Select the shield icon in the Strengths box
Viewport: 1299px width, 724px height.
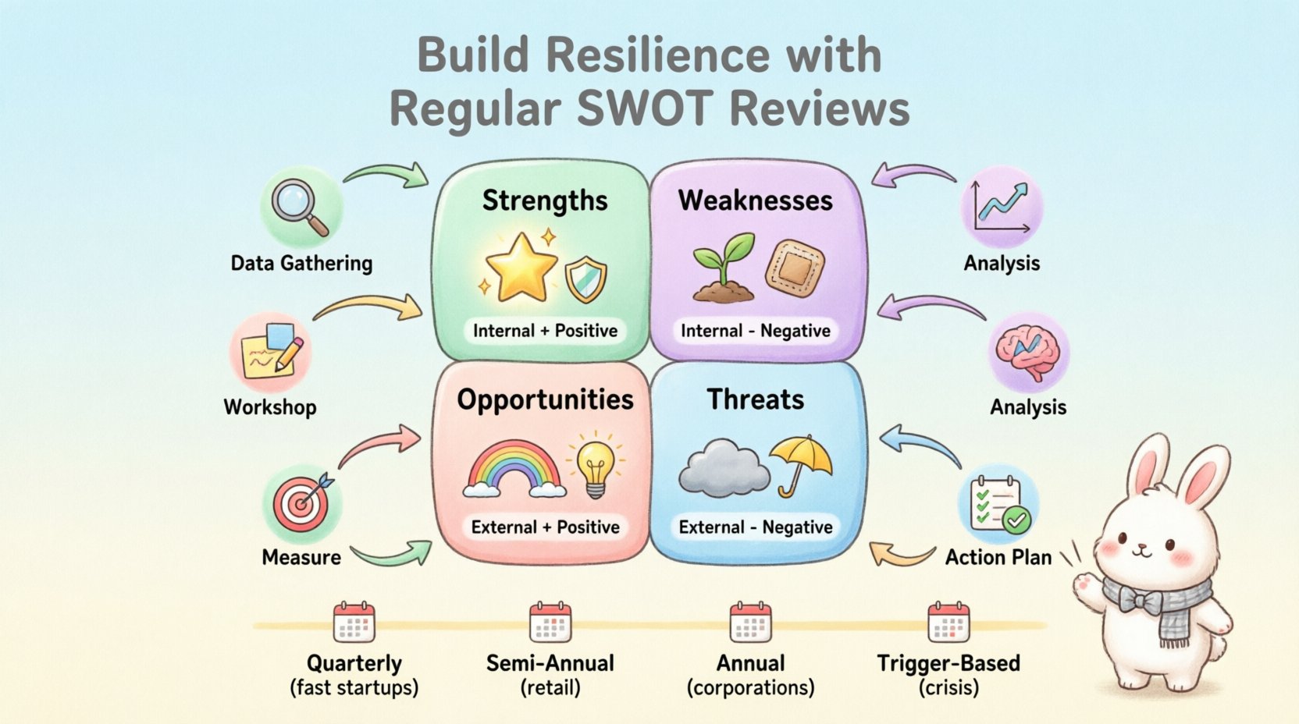coord(585,279)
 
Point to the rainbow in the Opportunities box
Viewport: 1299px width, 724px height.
coord(514,469)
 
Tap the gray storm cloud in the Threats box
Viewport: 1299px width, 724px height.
coord(720,468)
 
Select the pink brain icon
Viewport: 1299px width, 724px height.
coord(1029,350)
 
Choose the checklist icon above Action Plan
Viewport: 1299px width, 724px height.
coord(998,504)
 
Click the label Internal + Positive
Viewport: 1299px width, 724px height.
coord(545,331)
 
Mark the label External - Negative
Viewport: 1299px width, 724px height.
coord(756,527)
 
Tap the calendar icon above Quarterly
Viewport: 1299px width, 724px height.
coord(354,623)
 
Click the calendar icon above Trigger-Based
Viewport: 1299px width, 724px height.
coord(948,623)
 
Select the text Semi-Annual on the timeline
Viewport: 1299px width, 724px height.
coord(550,663)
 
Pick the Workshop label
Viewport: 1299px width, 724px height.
coord(270,407)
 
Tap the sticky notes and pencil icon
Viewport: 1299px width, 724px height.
coord(270,353)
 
